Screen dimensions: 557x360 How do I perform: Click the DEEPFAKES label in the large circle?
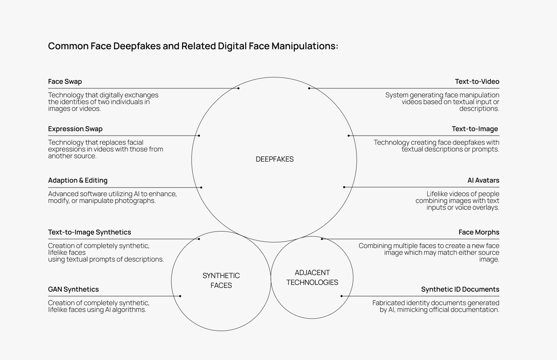coord(275,159)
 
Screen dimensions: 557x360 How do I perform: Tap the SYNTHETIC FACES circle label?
coord(221,280)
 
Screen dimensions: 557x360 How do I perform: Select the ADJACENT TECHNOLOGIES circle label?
coord(312,277)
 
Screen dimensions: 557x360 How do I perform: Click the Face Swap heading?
coord(65,82)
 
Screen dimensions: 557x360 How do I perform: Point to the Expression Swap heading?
coord(75,129)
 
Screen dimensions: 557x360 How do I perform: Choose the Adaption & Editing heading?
coord(77,180)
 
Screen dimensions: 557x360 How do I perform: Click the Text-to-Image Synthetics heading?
coord(90,232)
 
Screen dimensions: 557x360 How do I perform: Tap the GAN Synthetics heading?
coord(73,289)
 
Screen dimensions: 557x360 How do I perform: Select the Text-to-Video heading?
coord(477,82)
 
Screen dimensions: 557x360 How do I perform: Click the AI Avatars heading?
coord(483,180)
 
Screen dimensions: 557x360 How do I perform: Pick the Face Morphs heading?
coord(479,232)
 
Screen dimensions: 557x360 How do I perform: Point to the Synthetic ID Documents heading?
coord(460,289)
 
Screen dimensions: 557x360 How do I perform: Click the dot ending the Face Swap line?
coord(238,88)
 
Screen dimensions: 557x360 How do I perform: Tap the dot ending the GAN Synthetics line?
coord(180,296)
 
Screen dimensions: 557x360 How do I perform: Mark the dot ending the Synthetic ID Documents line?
coord(341,296)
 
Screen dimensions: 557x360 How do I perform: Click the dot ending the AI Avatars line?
coord(344,187)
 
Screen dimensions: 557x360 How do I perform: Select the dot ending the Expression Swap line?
coord(199,135)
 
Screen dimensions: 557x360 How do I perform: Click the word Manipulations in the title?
coord(305,46)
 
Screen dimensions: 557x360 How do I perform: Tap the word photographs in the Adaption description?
coord(135,201)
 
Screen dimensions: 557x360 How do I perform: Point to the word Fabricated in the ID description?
coord(389,303)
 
